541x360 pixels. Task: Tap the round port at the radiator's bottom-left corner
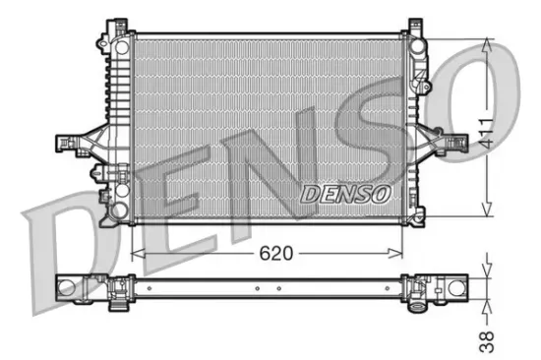pyautogui.click(x=119, y=209)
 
